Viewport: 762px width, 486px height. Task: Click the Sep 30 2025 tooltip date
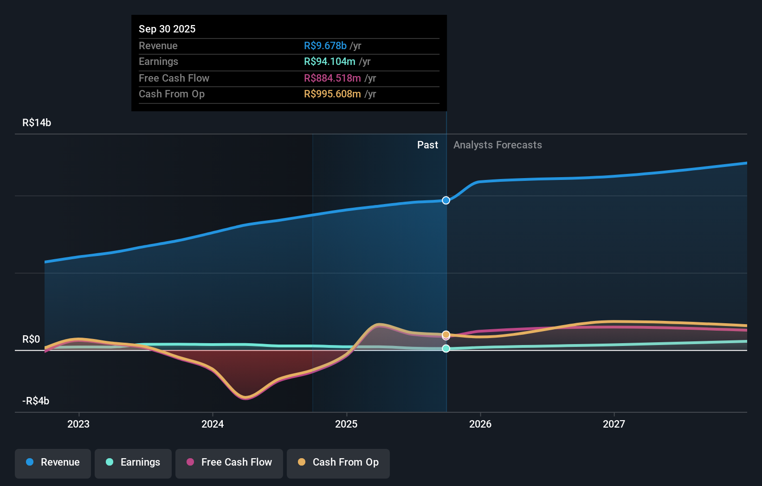[x=167, y=29]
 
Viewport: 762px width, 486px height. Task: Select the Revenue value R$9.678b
[x=325, y=45]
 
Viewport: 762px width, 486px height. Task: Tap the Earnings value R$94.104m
[x=329, y=61]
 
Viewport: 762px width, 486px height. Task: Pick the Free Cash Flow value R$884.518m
[x=332, y=78]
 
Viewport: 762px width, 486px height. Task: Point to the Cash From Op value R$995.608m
[x=332, y=94]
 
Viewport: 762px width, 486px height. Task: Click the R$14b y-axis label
[x=37, y=122]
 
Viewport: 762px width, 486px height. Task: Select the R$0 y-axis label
[x=31, y=339]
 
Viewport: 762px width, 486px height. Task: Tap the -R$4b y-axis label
[x=36, y=401]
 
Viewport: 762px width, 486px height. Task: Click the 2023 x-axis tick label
[x=78, y=424]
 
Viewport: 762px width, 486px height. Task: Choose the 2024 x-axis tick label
[x=213, y=424]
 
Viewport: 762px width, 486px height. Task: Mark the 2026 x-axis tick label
[x=480, y=424]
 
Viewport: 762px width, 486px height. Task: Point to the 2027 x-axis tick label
[x=614, y=424]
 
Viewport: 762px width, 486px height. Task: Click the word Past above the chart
[x=427, y=145]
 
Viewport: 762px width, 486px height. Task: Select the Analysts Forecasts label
[x=497, y=145]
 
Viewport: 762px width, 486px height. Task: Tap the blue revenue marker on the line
[x=446, y=200]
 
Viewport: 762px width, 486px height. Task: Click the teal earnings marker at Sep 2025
[x=446, y=348]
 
